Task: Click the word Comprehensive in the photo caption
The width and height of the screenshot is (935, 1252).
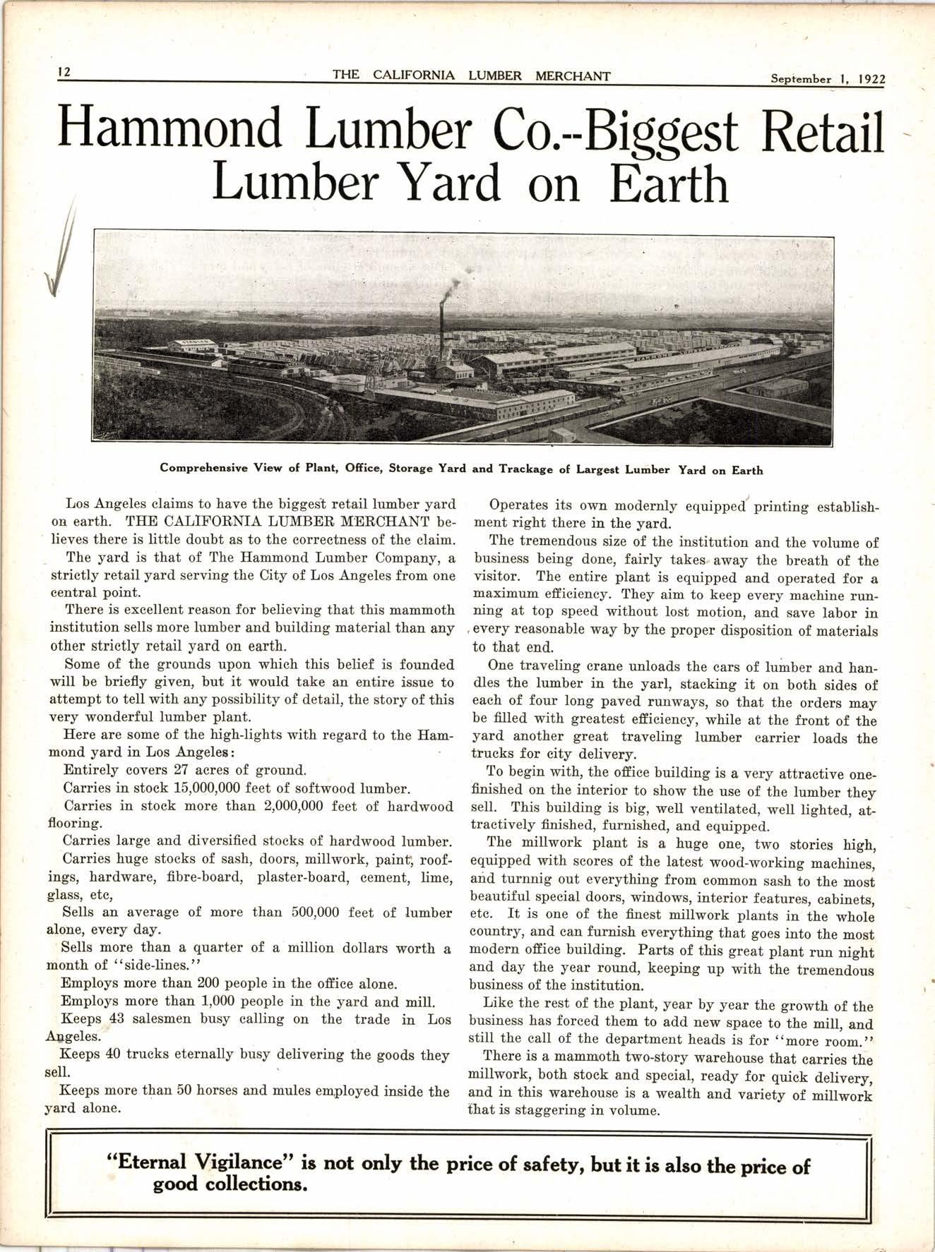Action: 202,469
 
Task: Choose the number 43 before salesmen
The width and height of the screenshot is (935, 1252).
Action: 118,1019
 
